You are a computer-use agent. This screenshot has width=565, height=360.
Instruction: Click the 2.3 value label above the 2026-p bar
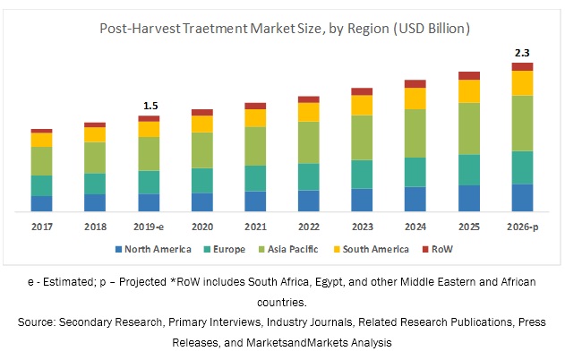click(522, 54)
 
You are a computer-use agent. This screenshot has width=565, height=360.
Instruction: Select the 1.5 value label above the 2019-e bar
click(149, 107)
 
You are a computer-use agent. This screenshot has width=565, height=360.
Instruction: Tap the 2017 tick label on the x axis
click(41, 226)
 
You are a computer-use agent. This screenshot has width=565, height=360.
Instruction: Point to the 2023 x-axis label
click(362, 226)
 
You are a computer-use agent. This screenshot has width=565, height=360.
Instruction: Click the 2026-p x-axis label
click(522, 226)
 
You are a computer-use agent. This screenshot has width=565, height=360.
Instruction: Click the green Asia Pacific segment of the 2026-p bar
click(522, 123)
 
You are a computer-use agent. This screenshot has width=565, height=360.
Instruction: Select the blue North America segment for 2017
click(41, 203)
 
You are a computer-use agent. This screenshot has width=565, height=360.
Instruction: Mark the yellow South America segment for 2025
click(469, 91)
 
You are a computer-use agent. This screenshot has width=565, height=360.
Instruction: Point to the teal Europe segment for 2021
click(255, 178)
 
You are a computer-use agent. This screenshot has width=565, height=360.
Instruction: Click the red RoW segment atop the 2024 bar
click(415, 83)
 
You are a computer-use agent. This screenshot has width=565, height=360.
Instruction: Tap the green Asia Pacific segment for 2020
click(202, 150)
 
